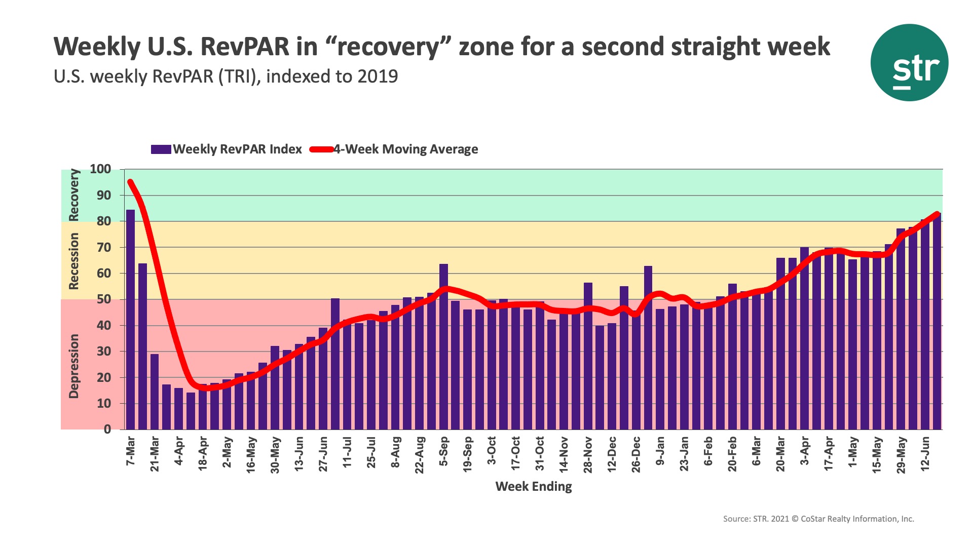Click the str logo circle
(x=909, y=63)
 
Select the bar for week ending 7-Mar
(x=130, y=319)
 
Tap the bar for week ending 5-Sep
(x=443, y=347)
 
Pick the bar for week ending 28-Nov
(x=588, y=356)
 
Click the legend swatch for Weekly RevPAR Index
(x=161, y=149)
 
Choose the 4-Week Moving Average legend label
(x=405, y=149)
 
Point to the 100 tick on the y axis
(x=100, y=169)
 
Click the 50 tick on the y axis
(x=104, y=299)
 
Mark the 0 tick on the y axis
(x=107, y=429)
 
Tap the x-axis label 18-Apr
(x=203, y=454)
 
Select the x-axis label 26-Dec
(x=636, y=454)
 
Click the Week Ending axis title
(x=533, y=487)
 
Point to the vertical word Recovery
(x=74, y=195)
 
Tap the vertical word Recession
(x=74, y=261)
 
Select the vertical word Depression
(x=74, y=366)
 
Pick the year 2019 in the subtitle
(x=378, y=76)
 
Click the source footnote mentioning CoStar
(x=818, y=519)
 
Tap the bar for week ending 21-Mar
(x=155, y=392)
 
